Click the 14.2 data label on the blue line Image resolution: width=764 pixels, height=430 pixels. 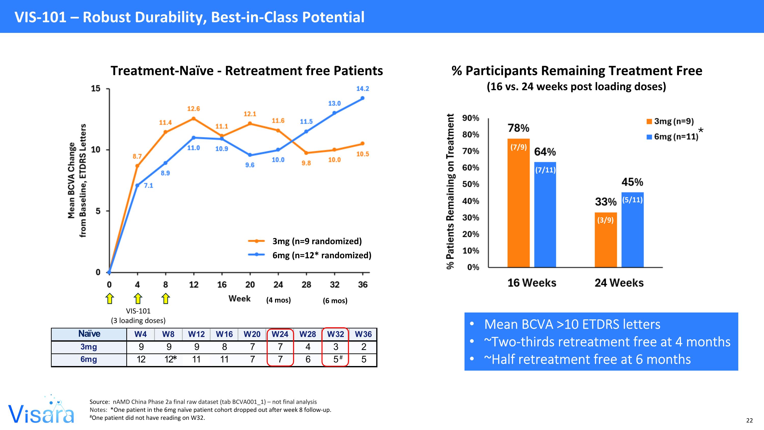362,89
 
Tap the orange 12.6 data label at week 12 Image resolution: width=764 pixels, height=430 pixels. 193,109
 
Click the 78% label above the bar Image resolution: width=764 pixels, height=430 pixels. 519,128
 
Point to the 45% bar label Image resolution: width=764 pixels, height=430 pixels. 632,182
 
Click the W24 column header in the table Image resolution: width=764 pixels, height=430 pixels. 280,334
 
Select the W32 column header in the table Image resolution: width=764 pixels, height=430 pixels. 335,334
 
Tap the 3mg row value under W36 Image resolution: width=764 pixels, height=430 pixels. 364,347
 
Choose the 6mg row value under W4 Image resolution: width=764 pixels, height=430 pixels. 141,359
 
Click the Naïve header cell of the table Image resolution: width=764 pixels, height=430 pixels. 89,334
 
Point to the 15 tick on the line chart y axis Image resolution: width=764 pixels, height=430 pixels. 95,88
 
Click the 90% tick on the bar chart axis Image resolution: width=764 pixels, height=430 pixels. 471,118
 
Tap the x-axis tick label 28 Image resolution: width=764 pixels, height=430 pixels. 306,285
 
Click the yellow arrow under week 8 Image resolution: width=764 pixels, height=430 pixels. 166,298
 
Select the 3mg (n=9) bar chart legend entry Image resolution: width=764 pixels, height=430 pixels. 670,121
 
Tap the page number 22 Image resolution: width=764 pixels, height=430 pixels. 749,421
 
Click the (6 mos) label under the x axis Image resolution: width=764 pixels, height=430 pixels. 335,301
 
